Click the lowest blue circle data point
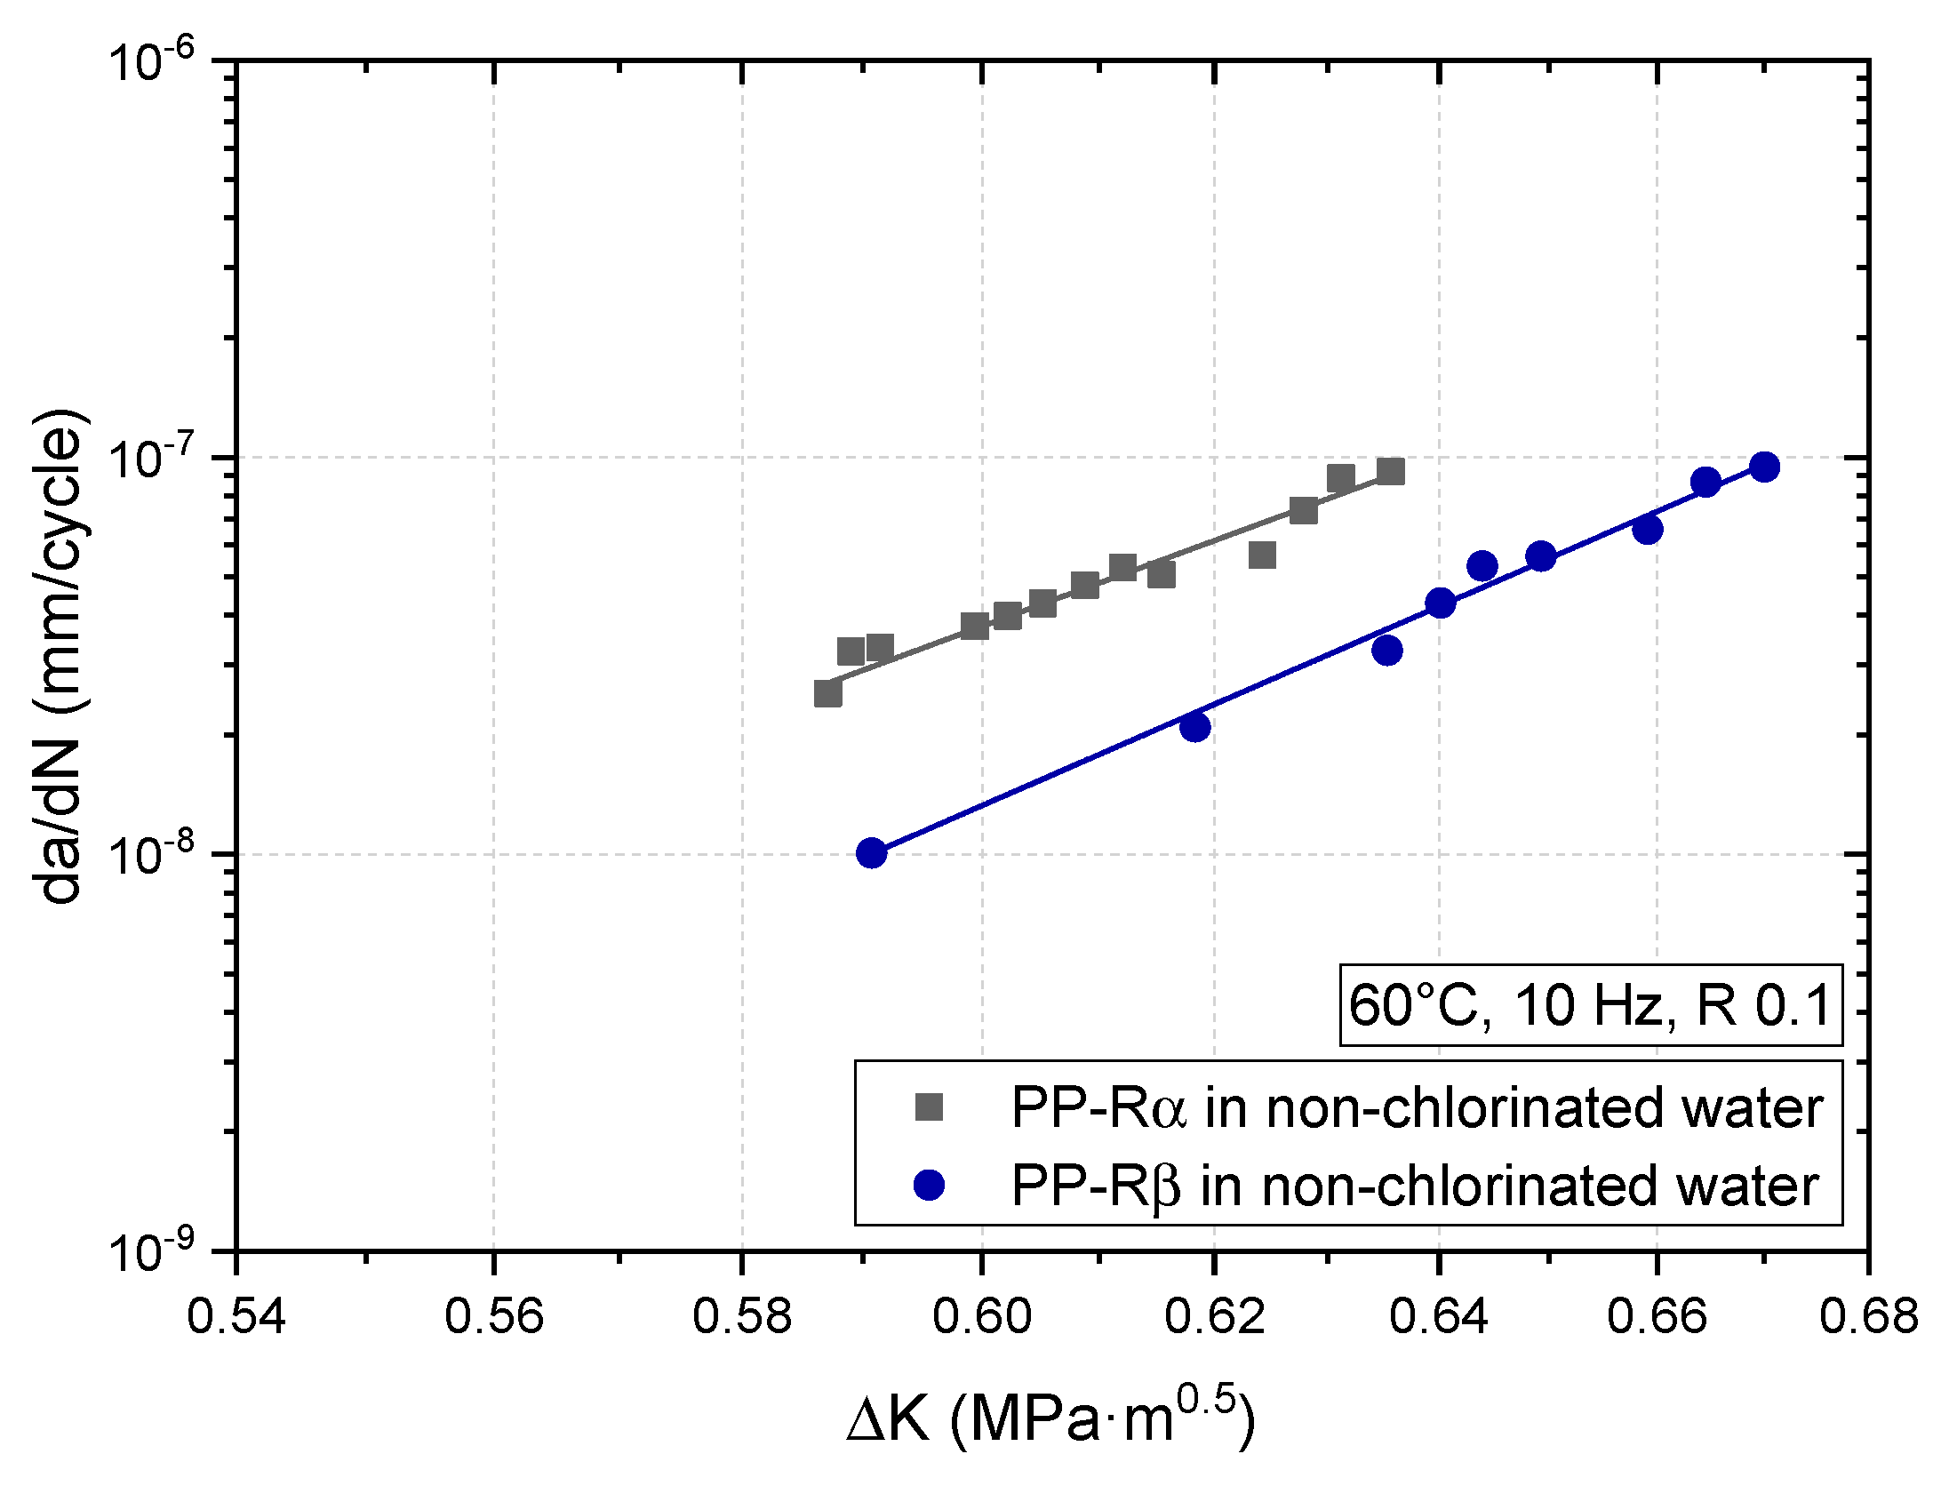pos(872,853)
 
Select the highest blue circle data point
pos(1764,467)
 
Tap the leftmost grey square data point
pos(827,693)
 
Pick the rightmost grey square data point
pos(1391,471)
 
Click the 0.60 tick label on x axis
pos(981,1317)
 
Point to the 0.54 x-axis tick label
pos(236,1317)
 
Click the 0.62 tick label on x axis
pos(1213,1317)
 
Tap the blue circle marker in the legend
pos(929,1186)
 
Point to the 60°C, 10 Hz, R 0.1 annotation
pos(1590,1005)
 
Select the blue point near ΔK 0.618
pos(1195,727)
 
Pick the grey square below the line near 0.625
pos(1262,555)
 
